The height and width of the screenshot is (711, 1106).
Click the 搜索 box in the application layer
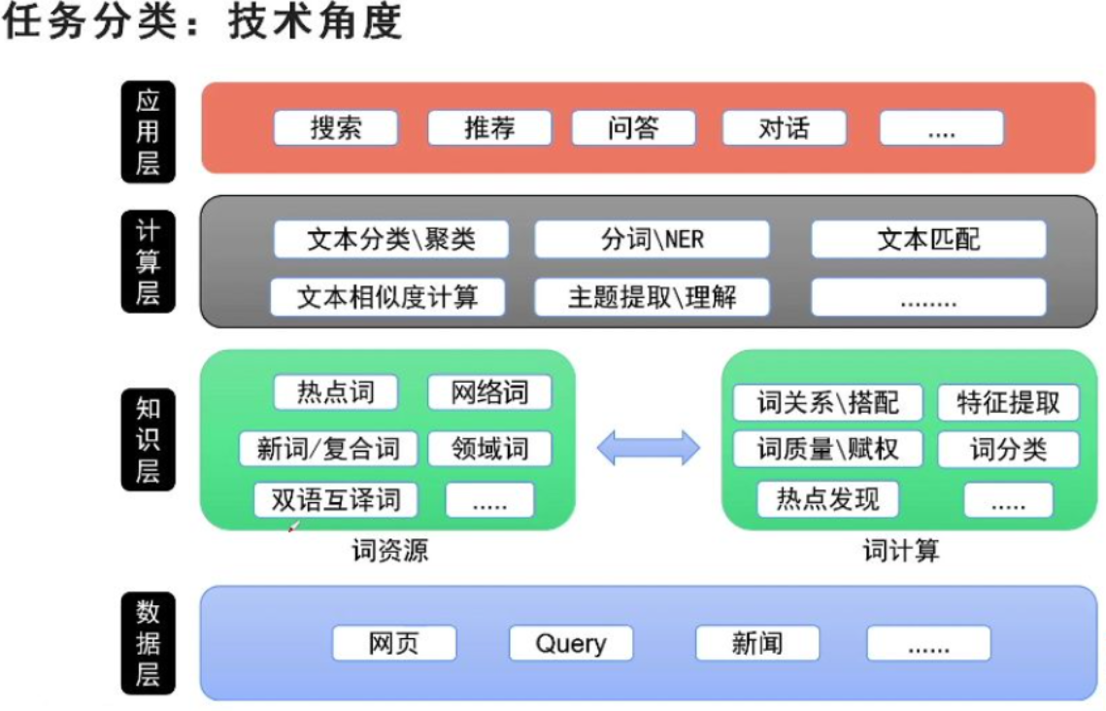click(336, 128)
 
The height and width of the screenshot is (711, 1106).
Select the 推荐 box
click(489, 128)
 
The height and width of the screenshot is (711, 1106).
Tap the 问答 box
click(633, 128)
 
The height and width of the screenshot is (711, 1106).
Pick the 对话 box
click(784, 128)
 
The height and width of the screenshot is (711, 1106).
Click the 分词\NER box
click(652, 239)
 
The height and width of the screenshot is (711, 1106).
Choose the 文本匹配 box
click(928, 239)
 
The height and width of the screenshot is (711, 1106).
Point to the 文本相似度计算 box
click(387, 297)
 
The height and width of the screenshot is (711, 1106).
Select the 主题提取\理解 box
click(652, 297)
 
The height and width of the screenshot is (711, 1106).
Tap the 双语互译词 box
click(335, 499)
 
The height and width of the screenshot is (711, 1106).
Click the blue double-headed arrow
click(648, 447)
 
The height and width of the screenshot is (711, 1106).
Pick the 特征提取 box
click(1008, 402)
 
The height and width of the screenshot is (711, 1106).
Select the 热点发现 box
click(827, 499)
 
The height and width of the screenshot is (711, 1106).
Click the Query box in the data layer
click(571, 643)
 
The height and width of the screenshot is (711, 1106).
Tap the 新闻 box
click(757, 643)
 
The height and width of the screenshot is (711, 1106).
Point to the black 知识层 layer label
click(147, 439)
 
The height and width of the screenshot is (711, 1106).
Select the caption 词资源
click(389, 552)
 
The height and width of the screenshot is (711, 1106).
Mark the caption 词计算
click(901, 552)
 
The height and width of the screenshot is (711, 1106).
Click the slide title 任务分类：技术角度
click(202, 21)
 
